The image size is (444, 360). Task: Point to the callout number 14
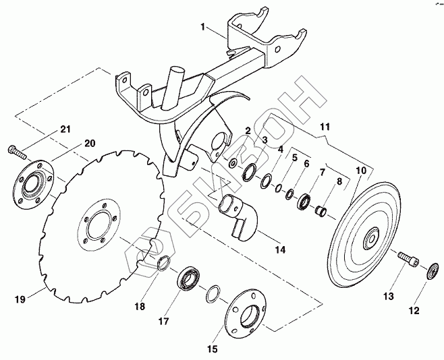pos(279,250)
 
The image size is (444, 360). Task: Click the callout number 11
pos(325,126)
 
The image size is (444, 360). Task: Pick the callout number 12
pos(413,311)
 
